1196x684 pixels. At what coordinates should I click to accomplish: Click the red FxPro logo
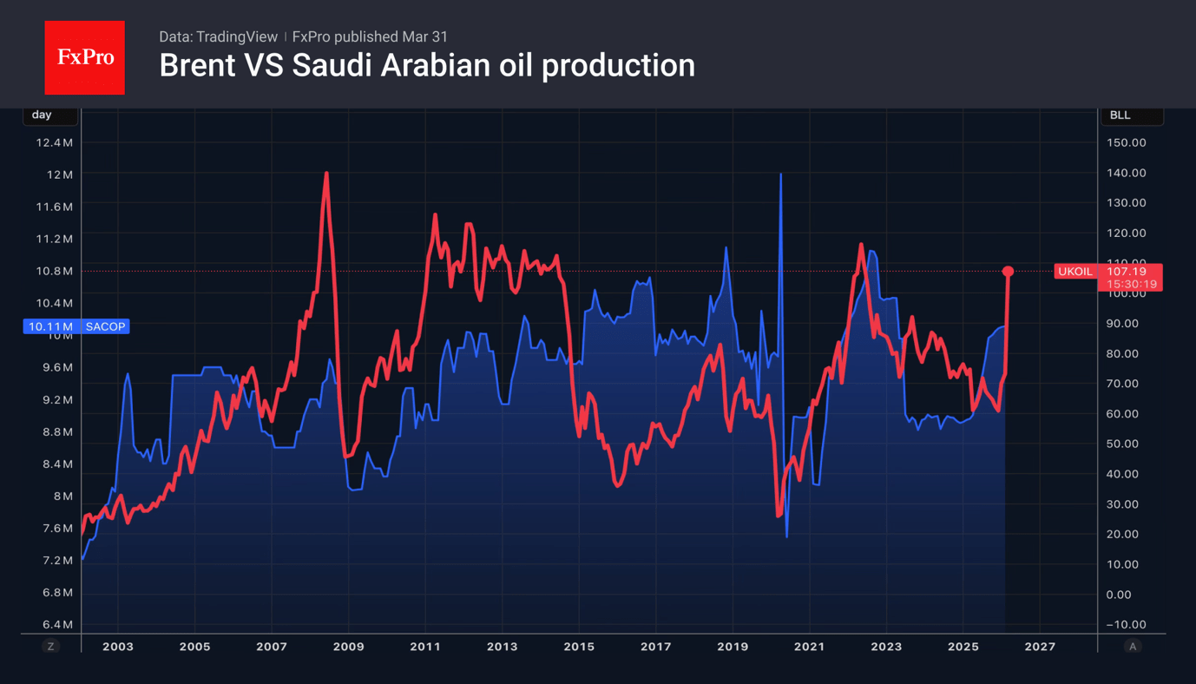click(84, 57)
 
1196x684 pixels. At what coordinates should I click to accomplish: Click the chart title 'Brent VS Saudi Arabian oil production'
click(426, 66)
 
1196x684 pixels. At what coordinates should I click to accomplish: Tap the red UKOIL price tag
click(1074, 272)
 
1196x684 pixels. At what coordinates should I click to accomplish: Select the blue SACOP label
click(105, 326)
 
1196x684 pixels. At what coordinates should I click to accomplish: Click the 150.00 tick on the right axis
click(1127, 142)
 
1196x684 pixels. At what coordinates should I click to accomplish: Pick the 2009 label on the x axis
click(348, 647)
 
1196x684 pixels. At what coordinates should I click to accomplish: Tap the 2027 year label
click(1040, 647)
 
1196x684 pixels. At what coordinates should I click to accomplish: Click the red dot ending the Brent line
click(1008, 272)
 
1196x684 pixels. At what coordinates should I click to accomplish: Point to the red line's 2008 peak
click(326, 174)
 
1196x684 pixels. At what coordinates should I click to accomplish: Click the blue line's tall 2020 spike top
click(781, 174)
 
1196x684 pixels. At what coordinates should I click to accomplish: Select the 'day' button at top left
click(42, 115)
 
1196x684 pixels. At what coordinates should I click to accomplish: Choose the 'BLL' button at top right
click(1120, 115)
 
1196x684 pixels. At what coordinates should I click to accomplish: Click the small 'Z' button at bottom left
click(51, 647)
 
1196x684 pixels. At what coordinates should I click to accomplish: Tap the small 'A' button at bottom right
click(1132, 647)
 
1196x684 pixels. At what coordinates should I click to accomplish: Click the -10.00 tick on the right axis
click(1126, 625)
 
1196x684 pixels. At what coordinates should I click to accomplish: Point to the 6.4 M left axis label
click(55, 625)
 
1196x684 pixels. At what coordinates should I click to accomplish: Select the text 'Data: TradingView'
click(218, 36)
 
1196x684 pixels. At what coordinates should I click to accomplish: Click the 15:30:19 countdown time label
click(1132, 284)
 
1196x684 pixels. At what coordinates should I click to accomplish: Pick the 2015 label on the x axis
click(579, 647)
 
